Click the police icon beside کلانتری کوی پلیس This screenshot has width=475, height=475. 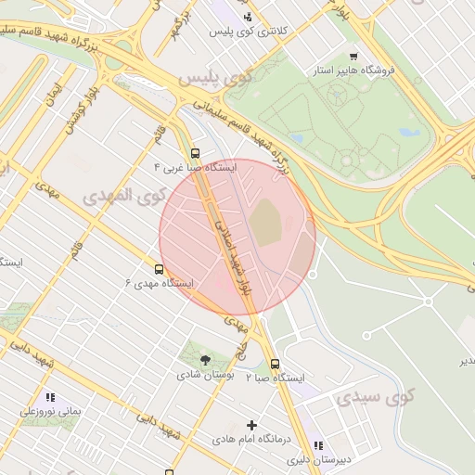(x=247, y=17)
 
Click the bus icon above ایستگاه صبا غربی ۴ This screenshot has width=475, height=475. (x=195, y=153)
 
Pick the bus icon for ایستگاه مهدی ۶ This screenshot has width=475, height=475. (x=160, y=269)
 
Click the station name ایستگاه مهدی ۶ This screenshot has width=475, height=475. (x=160, y=282)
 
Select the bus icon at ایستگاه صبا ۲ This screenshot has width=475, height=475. (x=275, y=365)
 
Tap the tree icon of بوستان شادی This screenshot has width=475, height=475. (x=205, y=360)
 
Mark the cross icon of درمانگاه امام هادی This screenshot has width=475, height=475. (x=250, y=425)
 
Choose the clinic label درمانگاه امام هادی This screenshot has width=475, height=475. (x=251, y=440)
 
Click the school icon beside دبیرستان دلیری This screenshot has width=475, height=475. (x=318, y=444)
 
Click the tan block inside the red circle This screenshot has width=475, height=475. (x=265, y=224)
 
